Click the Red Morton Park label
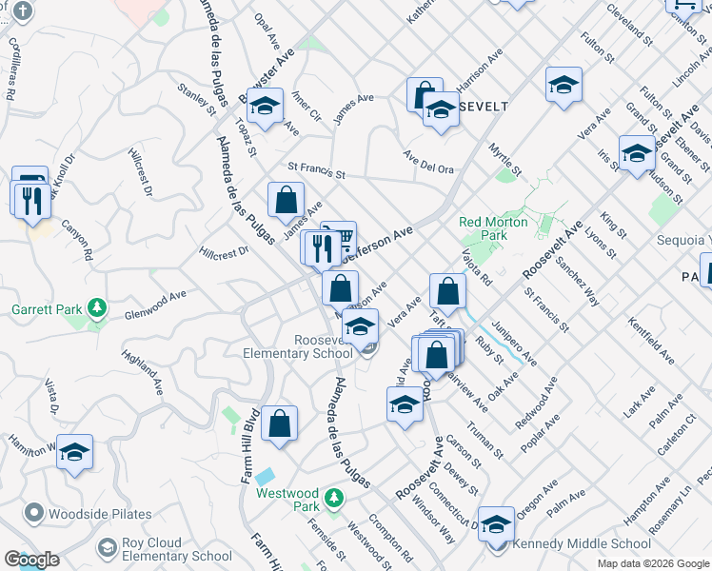[x=493, y=228]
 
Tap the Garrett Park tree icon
[x=95, y=309]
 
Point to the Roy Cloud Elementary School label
[x=176, y=550]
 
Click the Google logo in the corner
[x=31, y=560]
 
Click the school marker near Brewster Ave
[x=266, y=105]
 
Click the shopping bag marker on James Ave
[x=286, y=200]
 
